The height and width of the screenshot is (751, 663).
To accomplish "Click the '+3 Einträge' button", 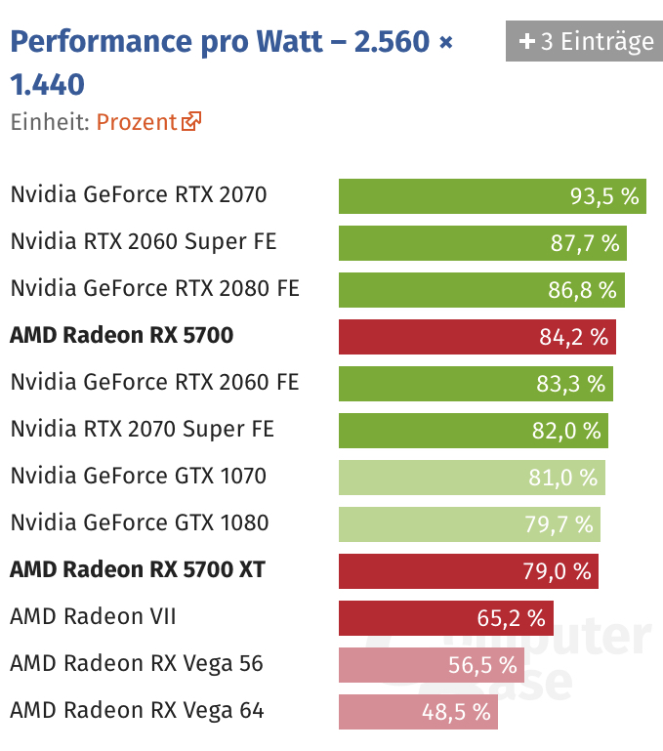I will point(583,42).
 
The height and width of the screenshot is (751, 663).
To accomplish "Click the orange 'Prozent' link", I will point(137,122).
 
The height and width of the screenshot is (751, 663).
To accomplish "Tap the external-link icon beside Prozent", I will point(191,122).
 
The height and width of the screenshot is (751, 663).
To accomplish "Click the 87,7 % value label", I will point(585,243).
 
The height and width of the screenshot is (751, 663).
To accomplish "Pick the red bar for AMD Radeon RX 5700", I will point(477,337).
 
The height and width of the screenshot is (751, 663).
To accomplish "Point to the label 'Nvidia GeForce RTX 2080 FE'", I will point(154,289).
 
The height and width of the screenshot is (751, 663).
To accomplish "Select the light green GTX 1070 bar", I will point(472,478).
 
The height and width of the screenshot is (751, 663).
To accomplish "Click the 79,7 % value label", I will point(559,524).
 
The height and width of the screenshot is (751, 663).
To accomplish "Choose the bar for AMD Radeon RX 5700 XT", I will point(468,571).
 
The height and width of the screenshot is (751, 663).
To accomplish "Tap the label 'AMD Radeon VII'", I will point(93,617).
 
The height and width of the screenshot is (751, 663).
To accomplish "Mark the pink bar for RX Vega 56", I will point(431,665).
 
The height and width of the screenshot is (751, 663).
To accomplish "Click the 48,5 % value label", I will point(456,712).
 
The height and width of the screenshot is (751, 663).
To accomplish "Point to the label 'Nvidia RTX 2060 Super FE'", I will point(144,242).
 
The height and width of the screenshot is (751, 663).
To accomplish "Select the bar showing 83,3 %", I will point(476,384).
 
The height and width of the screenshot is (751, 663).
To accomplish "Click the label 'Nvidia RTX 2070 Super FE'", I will point(143,430).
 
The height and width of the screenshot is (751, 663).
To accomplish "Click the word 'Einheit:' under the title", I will point(50,122).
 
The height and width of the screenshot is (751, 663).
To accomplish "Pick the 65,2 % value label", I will point(511,618).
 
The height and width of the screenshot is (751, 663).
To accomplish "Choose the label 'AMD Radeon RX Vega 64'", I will point(137,711).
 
